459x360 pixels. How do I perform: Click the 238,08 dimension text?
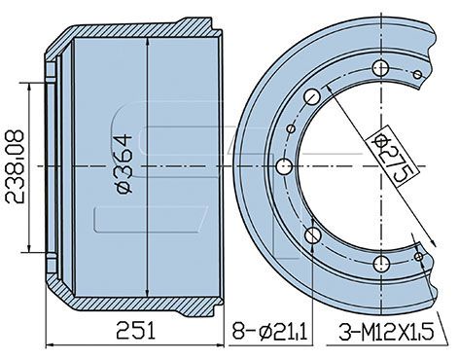pos(15,166)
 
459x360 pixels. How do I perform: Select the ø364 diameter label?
pos(124,164)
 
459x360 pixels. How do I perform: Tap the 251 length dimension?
pos(135,331)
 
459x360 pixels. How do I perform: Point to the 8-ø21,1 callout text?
pos(269,331)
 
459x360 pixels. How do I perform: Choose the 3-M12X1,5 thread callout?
pos(386,332)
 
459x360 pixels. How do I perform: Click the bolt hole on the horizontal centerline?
pos(285,166)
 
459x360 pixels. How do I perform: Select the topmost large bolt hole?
pos(380,68)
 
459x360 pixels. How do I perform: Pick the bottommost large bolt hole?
pos(381,264)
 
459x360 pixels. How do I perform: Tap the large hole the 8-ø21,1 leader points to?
pos(313,235)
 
